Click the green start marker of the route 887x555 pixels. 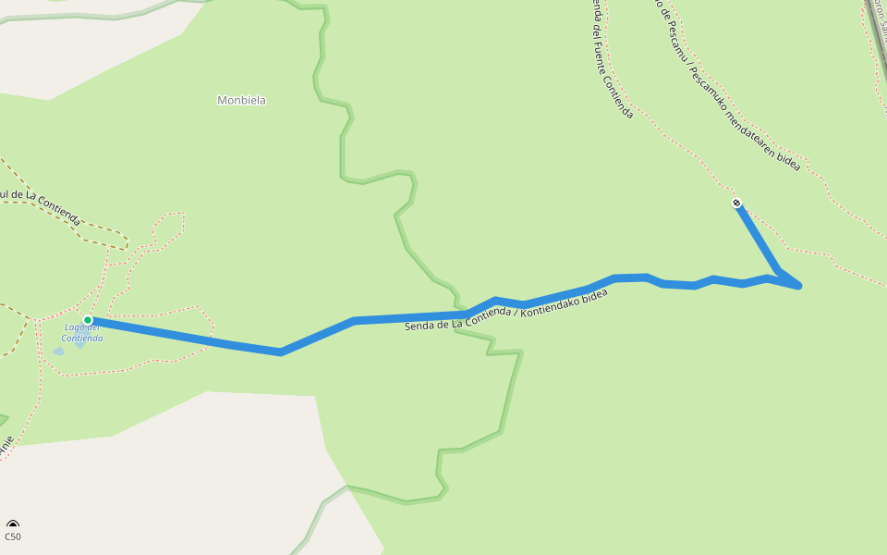88,320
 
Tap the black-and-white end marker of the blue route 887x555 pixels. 736,203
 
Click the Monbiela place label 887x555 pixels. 241,100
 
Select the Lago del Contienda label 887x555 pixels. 83,332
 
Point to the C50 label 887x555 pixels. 13,536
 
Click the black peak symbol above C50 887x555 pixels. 13,524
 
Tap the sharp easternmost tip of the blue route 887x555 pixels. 799,287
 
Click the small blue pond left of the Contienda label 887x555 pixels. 58,351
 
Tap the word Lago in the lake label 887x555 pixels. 74,327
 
